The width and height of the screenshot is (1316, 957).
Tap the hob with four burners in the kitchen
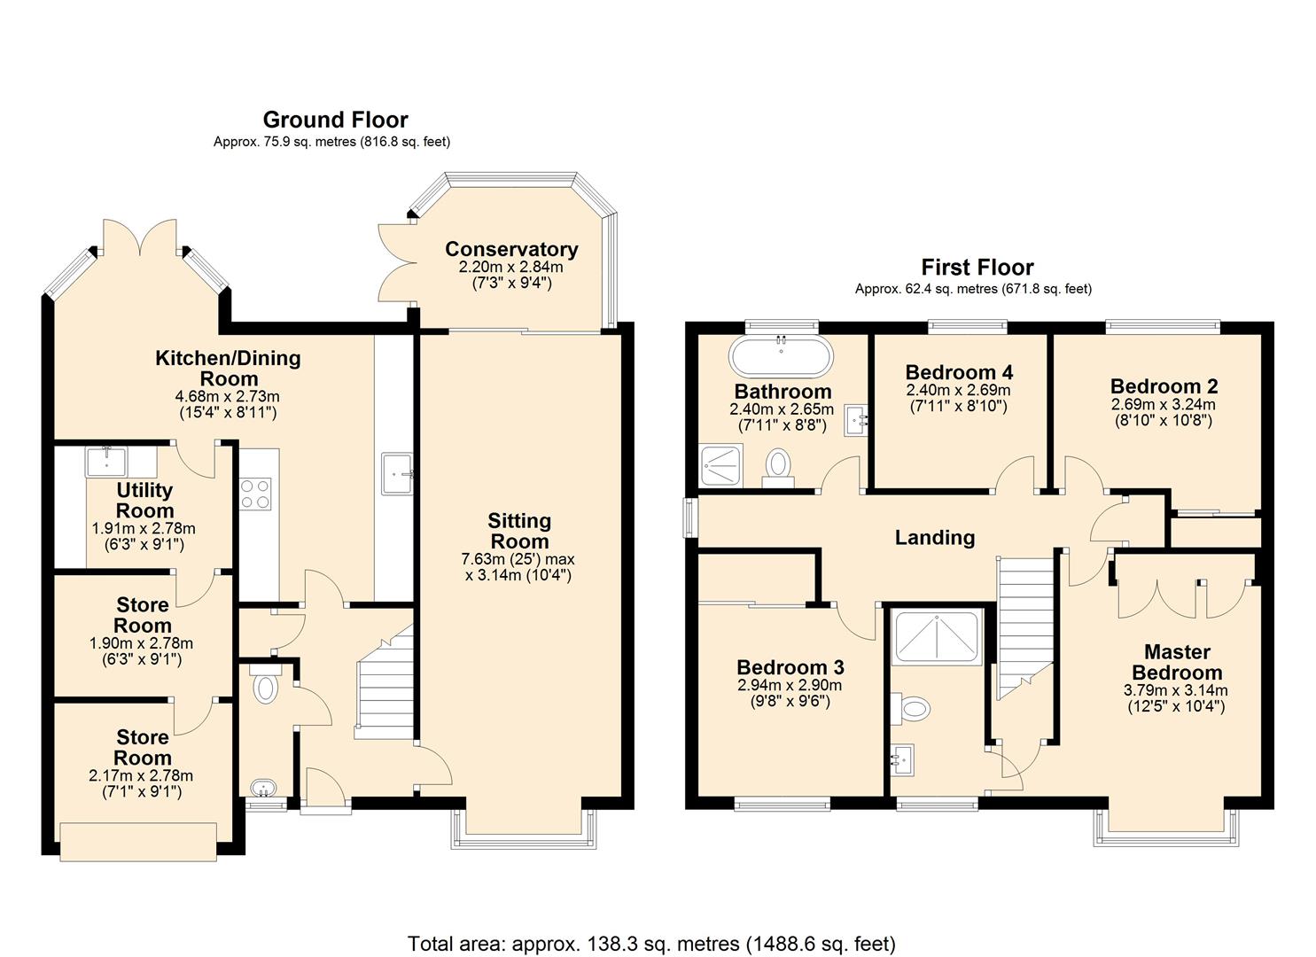[255, 494]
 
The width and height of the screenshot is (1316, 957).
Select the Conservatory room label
[511, 249]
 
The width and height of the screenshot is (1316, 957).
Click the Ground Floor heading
[336, 120]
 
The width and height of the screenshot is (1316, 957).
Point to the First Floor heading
[977, 268]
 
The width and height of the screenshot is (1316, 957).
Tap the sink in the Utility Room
[106, 462]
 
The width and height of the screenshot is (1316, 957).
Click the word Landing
[935, 538]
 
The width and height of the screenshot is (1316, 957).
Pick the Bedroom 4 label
[959, 372]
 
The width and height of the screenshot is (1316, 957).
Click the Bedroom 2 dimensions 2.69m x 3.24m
[1164, 404]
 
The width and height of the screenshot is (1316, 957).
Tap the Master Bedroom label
[1177, 662]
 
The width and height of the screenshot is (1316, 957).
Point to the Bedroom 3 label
[790, 667]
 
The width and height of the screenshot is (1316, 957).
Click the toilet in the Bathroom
[778, 468]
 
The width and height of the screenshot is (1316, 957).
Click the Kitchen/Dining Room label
[228, 369]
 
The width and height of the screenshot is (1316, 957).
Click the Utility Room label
[144, 500]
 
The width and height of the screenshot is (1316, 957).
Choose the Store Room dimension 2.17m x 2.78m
[141, 775]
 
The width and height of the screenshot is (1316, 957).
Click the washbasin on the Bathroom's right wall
[856, 420]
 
